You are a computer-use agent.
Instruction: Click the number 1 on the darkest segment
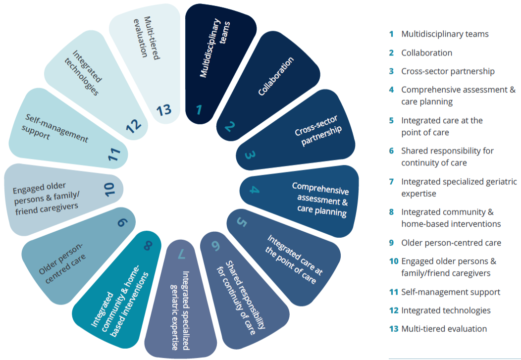pos(199,109)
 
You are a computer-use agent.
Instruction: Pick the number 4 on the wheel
pos(255,190)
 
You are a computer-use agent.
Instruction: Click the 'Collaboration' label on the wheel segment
pos(276,76)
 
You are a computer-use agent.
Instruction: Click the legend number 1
pos(391,34)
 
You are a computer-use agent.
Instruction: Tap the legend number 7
pos(391,182)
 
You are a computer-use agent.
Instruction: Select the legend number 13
pos(394,329)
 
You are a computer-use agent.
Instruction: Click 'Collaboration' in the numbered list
pos(426,52)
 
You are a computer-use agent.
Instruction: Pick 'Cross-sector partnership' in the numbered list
pos(448,71)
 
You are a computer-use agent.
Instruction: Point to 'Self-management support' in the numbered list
pos(451,292)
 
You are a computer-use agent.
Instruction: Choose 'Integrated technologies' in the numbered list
pos(446,310)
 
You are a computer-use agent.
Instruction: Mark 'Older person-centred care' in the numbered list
pos(451,243)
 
